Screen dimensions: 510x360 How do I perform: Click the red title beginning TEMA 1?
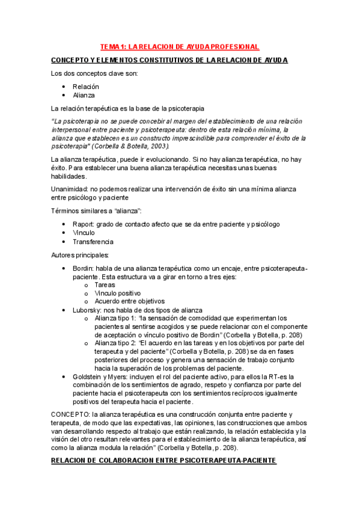[180, 46]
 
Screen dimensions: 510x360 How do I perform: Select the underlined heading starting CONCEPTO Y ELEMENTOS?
[169, 60]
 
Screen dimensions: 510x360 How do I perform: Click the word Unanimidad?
[70, 189]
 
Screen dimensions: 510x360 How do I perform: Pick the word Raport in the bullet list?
[83, 224]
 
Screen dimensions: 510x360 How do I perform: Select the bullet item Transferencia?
[93, 242]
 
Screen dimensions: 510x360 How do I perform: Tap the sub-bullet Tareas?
[105, 285]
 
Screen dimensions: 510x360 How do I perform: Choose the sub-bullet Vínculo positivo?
[118, 293]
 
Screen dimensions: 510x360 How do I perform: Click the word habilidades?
[69, 176]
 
